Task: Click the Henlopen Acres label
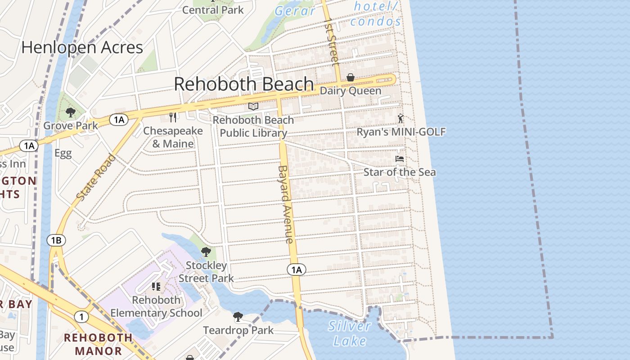pyautogui.click(x=82, y=47)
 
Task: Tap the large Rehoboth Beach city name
pyautogui.click(x=243, y=84)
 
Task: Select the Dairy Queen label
pyautogui.click(x=350, y=91)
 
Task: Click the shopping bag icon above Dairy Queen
pyautogui.click(x=350, y=78)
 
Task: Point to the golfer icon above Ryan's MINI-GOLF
pyautogui.click(x=400, y=119)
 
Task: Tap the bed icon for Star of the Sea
pyautogui.click(x=399, y=159)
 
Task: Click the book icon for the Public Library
pyautogui.click(x=253, y=107)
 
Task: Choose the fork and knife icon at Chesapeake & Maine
pyautogui.click(x=173, y=117)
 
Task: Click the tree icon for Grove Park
pyautogui.click(x=70, y=112)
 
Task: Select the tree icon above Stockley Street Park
pyautogui.click(x=206, y=252)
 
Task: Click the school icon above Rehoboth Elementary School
pyautogui.click(x=156, y=286)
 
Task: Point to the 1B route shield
pyautogui.click(x=56, y=240)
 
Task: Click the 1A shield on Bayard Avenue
pyautogui.click(x=296, y=270)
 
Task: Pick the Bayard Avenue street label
pyautogui.click(x=286, y=205)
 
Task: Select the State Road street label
pyautogui.click(x=95, y=177)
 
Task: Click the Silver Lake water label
pyautogui.click(x=350, y=333)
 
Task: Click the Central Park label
pyautogui.click(x=213, y=10)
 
